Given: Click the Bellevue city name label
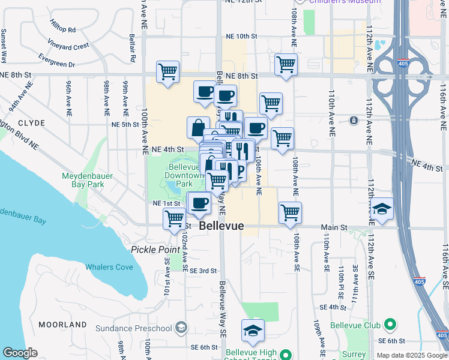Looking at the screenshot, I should (x=221, y=226).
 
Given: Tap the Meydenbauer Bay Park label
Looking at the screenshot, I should (x=83, y=180).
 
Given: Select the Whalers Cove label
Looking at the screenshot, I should (x=109, y=267).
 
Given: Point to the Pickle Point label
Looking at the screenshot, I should (x=155, y=249).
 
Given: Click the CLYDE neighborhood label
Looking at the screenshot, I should (x=27, y=123).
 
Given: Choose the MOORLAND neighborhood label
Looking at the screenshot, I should (x=63, y=325).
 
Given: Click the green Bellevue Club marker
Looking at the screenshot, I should (x=390, y=326).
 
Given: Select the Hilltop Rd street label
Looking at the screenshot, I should (x=63, y=29).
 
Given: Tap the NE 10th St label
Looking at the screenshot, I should (x=238, y=37).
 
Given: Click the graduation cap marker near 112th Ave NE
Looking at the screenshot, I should (x=382, y=209).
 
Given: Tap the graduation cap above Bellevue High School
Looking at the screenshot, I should (x=253, y=330).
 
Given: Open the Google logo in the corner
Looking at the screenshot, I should (x=20, y=353).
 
